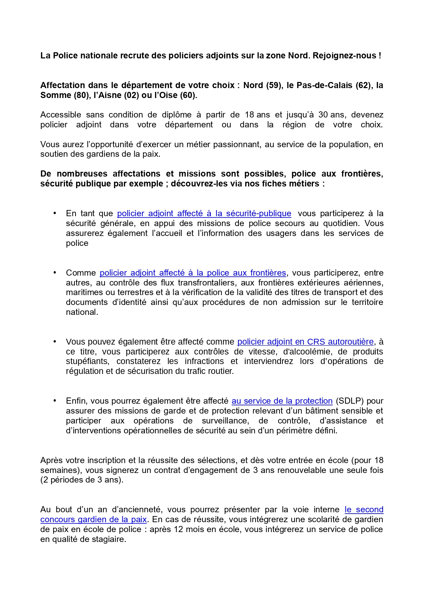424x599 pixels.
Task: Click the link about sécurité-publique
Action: [x=204, y=213]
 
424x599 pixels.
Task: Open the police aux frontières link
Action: [x=193, y=273]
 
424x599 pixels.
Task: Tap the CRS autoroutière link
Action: [x=305, y=342]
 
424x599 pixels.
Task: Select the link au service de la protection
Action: [x=282, y=401]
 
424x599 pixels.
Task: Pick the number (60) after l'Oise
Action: [x=188, y=95]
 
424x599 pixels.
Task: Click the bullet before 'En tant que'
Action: [x=55, y=213]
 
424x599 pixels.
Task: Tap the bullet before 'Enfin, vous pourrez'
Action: [x=55, y=401]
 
